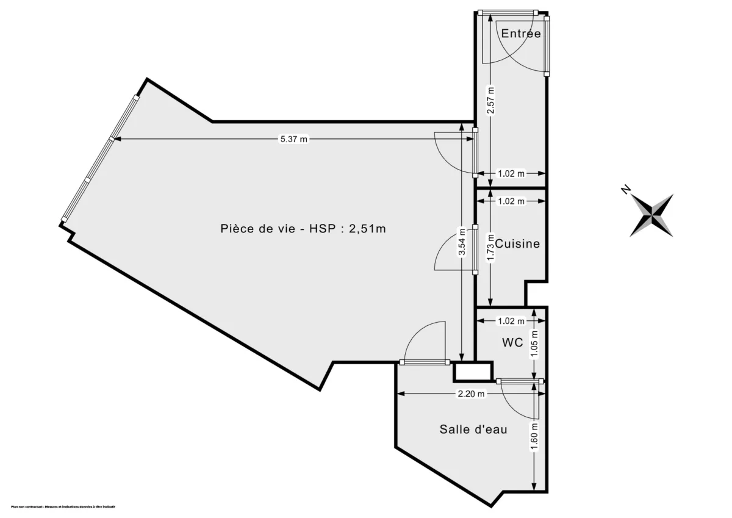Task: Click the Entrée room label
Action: coord(520,34)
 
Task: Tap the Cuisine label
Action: coord(517,244)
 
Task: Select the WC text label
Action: coord(512,343)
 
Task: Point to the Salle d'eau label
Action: coord(473,430)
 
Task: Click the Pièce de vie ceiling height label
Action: coord(303,229)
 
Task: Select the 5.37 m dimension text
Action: coord(293,140)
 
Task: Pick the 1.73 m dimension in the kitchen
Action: coord(490,248)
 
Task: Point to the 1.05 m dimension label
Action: coord(535,343)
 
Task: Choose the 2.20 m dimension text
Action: coord(470,394)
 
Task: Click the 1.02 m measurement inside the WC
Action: coord(511,321)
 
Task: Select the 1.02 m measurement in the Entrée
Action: coord(511,173)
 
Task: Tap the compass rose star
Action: coord(652,215)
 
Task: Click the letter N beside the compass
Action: coord(625,190)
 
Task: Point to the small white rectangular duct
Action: coord(472,371)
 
